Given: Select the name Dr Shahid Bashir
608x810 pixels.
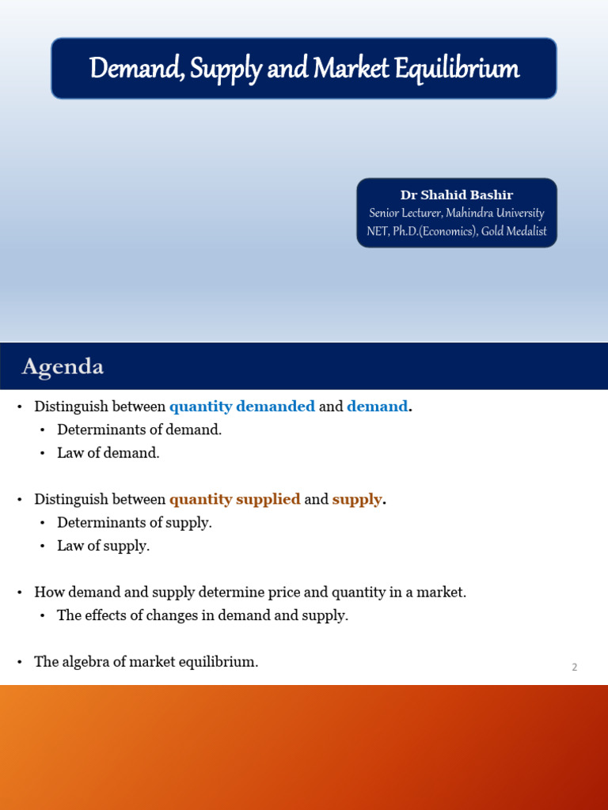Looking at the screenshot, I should click(x=456, y=195).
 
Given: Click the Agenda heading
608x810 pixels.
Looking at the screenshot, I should click(x=63, y=367).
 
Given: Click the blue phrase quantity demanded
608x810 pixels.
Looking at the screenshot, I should click(x=242, y=407).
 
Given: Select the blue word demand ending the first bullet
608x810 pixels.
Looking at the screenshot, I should click(x=378, y=407).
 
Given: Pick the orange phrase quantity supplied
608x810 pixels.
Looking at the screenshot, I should click(x=235, y=499).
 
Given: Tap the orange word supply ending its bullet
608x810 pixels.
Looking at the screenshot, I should click(x=357, y=499).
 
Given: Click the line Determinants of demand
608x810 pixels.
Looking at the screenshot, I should click(x=139, y=430).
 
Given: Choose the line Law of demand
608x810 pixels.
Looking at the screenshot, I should click(x=108, y=453).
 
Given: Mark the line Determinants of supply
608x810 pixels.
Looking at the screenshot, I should click(x=135, y=523).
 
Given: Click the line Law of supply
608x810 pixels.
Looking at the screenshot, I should click(x=104, y=546).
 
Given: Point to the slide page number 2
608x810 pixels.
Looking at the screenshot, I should click(x=575, y=667).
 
